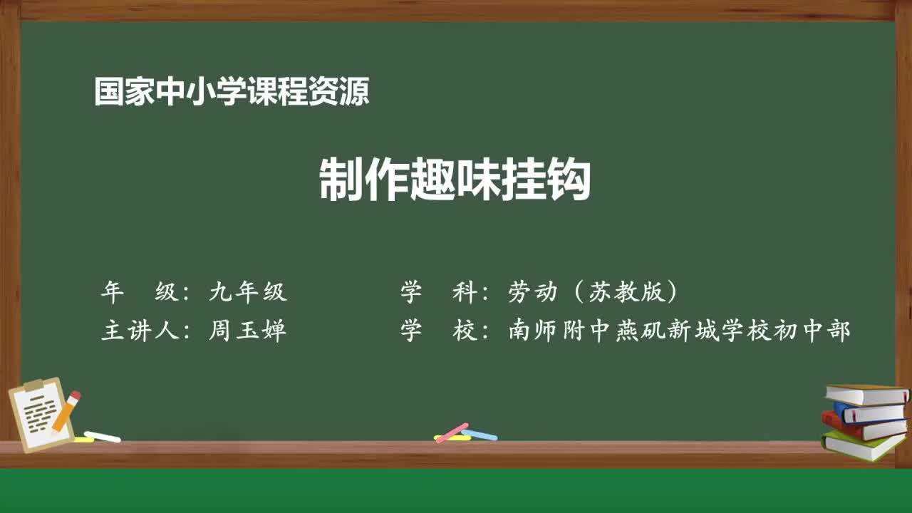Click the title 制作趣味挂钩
[x=455, y=180]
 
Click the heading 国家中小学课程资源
[x=232, y=92]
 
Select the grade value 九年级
[x=247, y=291]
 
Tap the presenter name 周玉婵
[x=247, y=331]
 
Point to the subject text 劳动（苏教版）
[x=592, y=291]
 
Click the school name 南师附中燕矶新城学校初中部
[x=679, y=331]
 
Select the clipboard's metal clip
[x=34, y=385]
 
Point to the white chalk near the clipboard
[x=102, y=436]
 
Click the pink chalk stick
[x=452, y=432]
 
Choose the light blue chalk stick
[x=480, y=434]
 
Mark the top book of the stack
[x=866, y=394]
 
